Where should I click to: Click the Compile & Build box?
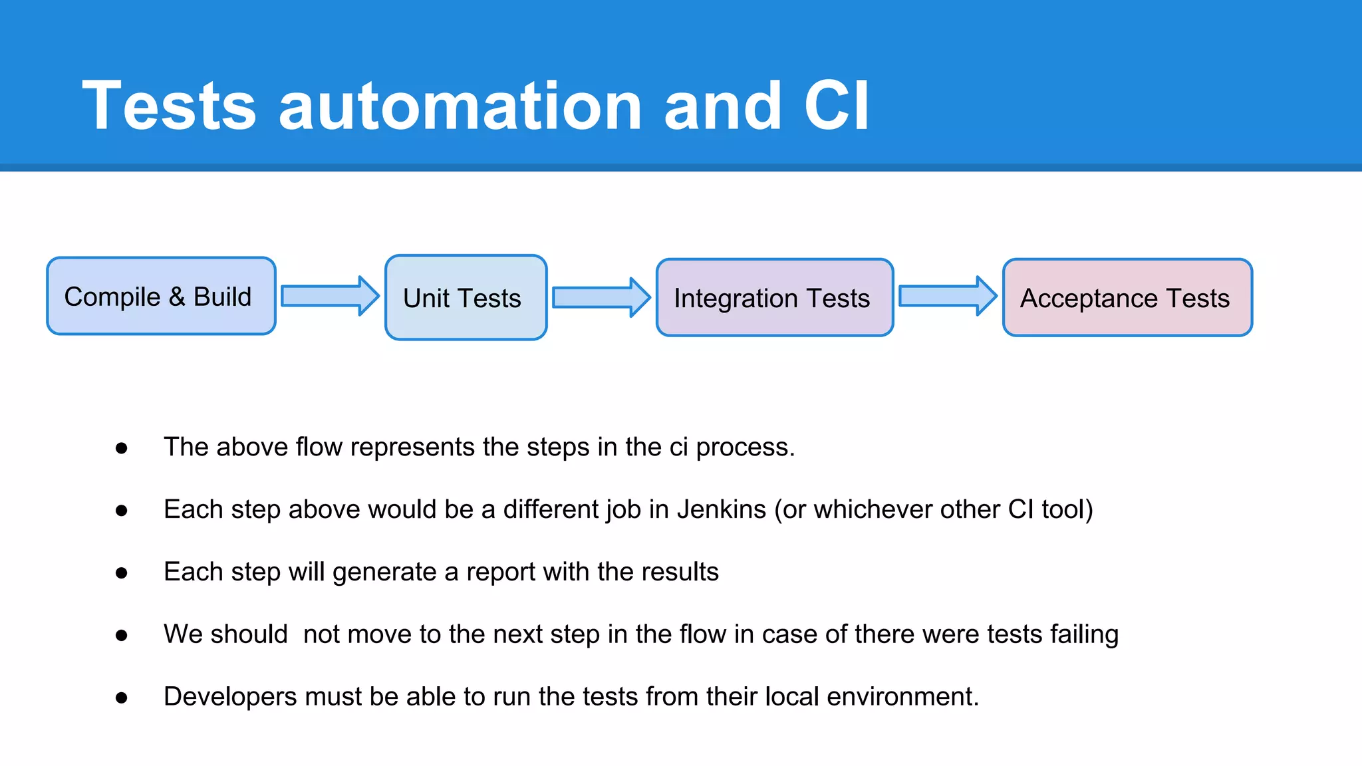tap(161, 296)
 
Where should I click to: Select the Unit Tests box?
tap(466, 297)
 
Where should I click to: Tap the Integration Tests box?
tap(774, 297)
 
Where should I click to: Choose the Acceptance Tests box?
tap(1127, 297)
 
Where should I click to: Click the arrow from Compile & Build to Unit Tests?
tap(330, 296)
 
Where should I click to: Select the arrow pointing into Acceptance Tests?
tap(947, 296)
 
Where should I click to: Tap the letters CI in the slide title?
tap(836, 106)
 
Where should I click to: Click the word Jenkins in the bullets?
tap(721, 510)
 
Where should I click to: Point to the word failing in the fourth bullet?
tap(1084, 635)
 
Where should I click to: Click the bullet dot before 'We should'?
tap(121, 636)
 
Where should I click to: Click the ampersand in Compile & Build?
tap(177, 297)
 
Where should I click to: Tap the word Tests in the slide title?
tap(169, 106)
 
